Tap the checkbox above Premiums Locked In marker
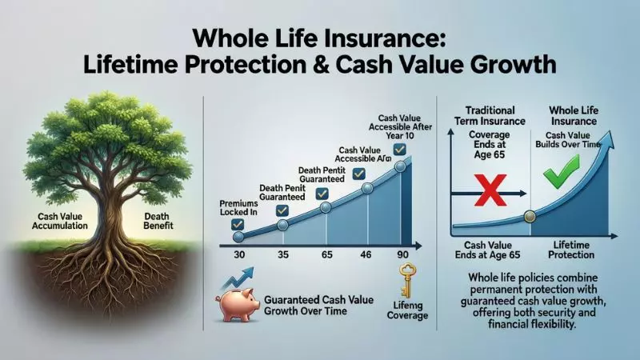coord(238,225)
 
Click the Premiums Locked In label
coord(238,209)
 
